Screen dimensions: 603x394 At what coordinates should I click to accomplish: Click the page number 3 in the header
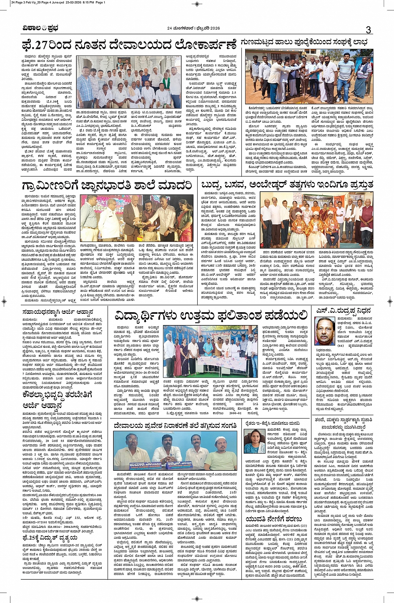pos(368,30)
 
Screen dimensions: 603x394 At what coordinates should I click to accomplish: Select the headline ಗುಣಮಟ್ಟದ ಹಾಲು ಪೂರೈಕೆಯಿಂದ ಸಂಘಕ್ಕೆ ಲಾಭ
pos(306,43)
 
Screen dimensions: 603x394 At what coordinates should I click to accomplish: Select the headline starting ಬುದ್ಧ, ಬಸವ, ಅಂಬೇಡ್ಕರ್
pos(287,185)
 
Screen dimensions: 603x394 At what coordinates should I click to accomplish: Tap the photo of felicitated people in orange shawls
pos(317,220)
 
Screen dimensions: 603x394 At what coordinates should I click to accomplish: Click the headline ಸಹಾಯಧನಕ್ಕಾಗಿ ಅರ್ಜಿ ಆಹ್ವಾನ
pos(58,312)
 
